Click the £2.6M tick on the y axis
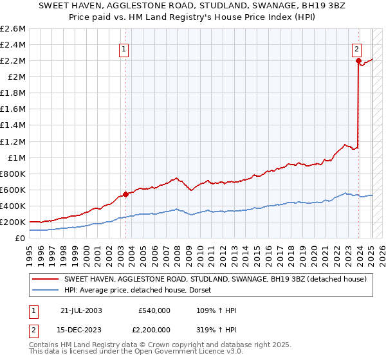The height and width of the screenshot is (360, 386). (x=13, y=29)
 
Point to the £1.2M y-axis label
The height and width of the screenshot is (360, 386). (x=13, y=141)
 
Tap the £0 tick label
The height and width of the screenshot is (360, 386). (x=21, y=239)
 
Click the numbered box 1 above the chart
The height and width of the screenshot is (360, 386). (x=123, y=48)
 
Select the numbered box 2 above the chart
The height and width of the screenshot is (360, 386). (x=356, y=48)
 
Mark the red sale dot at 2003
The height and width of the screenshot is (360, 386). (x=126, y=194)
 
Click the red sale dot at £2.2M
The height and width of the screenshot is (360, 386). (x=358, y=60)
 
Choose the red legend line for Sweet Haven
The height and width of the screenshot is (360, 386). (x=46, y=279)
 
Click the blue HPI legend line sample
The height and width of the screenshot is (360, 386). (x=46, y=291)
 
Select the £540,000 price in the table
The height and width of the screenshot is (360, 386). (x=154, y=310)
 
